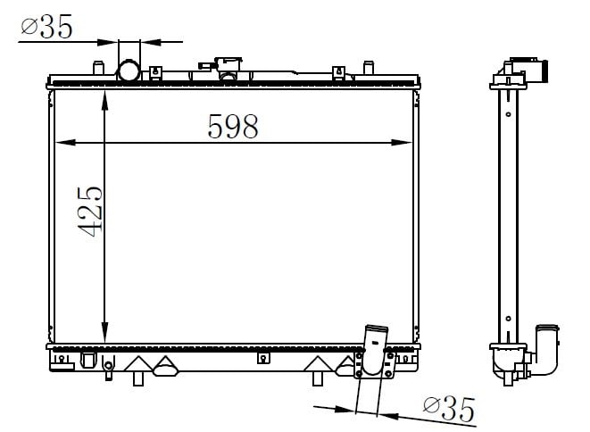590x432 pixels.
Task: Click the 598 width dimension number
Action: [233, 126]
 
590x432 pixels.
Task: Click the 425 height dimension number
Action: [90, 212]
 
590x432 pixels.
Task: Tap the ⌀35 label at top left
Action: [46, 27]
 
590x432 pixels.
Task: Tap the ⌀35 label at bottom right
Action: [449, 409]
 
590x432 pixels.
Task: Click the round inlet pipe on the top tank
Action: [129, 71]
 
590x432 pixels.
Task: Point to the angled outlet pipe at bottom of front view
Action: [374, 350]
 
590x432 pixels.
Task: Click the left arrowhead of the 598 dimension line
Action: [65, 142]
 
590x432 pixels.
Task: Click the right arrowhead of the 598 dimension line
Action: [403, 142]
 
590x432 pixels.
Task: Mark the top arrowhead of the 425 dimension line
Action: [104, 100]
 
